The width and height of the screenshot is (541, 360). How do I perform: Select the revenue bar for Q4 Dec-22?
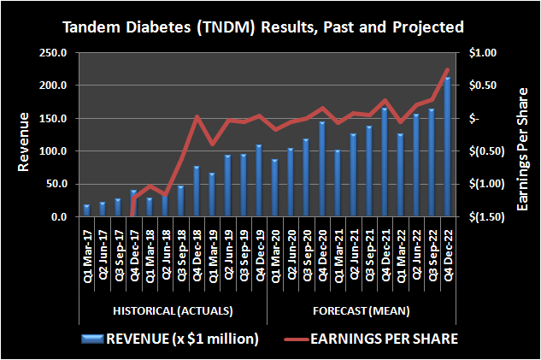(x=446, y=147)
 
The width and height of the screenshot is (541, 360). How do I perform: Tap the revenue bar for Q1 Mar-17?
(x=86, y=211)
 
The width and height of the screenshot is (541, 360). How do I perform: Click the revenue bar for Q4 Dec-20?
(x=321, y=169)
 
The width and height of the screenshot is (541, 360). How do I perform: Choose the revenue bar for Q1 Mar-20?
(x=274, y=188)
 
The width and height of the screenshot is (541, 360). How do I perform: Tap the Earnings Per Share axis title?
(x=524, y=134)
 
